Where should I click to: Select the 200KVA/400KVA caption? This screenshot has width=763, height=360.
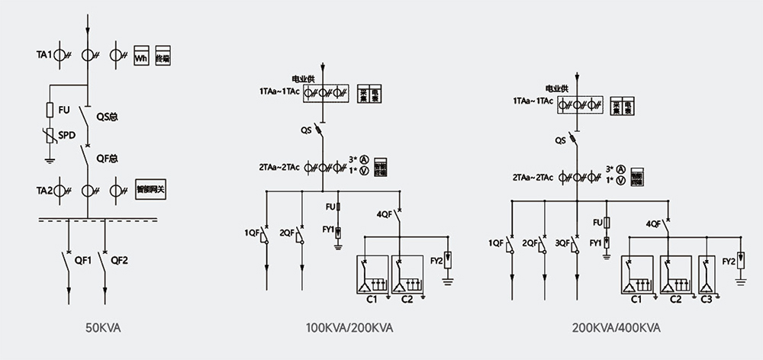pos(617,329)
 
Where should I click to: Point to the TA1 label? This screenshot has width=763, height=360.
pos(43,55)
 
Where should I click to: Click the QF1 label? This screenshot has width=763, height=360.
pos(82,260)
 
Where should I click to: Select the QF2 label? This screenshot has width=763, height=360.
pos(120,260)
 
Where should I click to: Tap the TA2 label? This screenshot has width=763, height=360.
pos(43,190)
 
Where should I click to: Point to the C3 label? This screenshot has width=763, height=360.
pos(707,300)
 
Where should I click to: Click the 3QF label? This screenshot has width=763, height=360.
pos(563,243)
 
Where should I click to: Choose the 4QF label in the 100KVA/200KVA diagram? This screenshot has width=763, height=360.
pos(385,214)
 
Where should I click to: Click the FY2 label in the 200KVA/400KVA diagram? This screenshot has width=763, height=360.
pos(729,262)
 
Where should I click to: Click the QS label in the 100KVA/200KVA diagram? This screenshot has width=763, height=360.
pos(306,130)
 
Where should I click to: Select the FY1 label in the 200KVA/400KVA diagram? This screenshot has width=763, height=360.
pos(595,243)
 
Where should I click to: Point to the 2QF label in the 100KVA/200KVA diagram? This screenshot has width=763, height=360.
pos(287,232)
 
